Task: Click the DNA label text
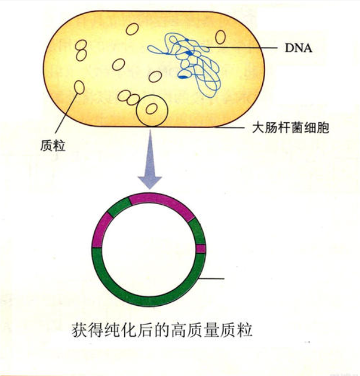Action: (x=299, y=48)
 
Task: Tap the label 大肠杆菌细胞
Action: (x=290, y=127)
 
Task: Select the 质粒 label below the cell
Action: (x=53, y=146)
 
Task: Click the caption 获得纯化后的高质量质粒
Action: (x=162, y=330)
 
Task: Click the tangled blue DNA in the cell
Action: (x=186, y=64)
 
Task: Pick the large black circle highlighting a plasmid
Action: (x=152, y=111)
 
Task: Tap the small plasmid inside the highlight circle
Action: (x=152, y=109)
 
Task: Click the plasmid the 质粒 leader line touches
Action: (x=80, y=87)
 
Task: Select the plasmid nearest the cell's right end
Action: (x=220, y=37)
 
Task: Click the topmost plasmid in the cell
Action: (x=132, y=29)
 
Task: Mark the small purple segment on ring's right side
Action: (x=201, y=249)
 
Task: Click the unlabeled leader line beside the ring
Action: (x=211, y=279)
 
